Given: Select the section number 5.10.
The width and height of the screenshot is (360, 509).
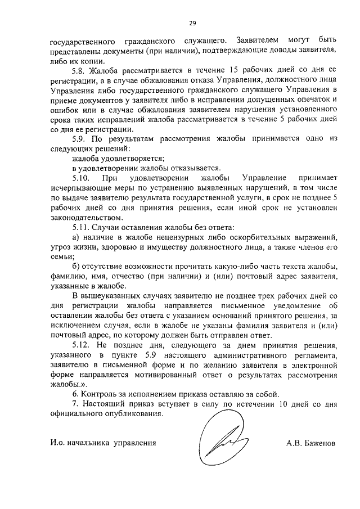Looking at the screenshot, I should pyautogui.click(x=82, y=177).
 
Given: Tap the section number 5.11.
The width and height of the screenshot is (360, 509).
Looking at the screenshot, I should pyautogui.click(x=82, y=227).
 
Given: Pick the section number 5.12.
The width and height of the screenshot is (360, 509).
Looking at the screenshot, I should pyautogui.click(x=82, y=344).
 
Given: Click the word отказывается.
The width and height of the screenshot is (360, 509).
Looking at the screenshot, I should pyautogui.click(x=192, y=168).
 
